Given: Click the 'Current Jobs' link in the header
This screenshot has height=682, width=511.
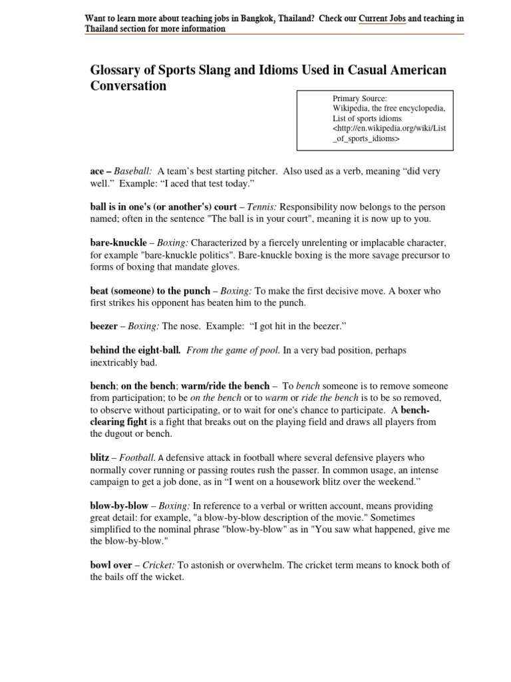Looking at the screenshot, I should (x=382, y=19).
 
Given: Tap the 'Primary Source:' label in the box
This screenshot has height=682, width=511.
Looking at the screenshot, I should (x=359, y=99).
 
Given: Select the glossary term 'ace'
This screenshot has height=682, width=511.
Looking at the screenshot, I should (x=97, y=171).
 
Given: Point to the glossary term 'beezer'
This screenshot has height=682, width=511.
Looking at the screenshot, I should (x=104, y=326).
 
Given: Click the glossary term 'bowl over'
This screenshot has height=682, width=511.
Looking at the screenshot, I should (x=111, y=565).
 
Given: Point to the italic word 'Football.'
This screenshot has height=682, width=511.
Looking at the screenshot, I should (x=138, y=458).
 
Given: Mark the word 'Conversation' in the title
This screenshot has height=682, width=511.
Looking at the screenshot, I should (x=128, y=86).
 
